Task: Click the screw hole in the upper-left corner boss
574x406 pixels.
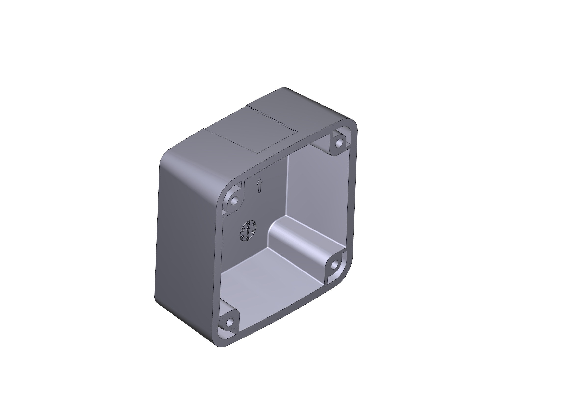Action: (x=234, y=200)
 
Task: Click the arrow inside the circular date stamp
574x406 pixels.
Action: (x=248, y=230)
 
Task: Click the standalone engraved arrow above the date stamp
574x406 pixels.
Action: (x=259, y=186)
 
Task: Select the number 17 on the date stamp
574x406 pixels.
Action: (x=253, y=224)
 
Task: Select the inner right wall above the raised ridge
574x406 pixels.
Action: (x=320, y=190)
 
